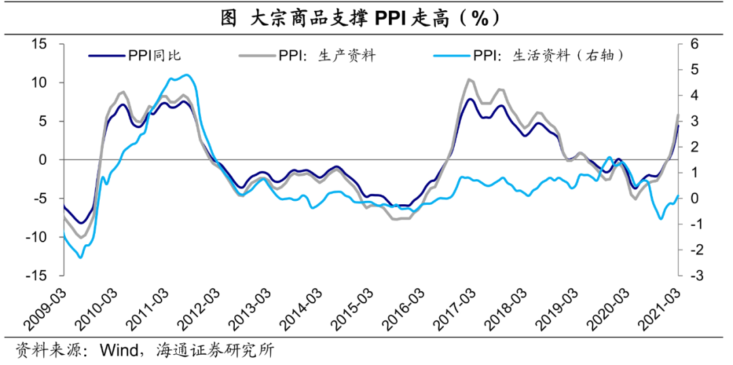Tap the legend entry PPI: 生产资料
(326, 56)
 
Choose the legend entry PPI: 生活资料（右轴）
(547, 56)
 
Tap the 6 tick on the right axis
(694, 44)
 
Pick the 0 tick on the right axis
(694, 199)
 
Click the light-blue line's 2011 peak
(187, 75)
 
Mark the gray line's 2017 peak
(469, 79)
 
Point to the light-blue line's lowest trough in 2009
(81, 257)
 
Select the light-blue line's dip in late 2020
(660, 218)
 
